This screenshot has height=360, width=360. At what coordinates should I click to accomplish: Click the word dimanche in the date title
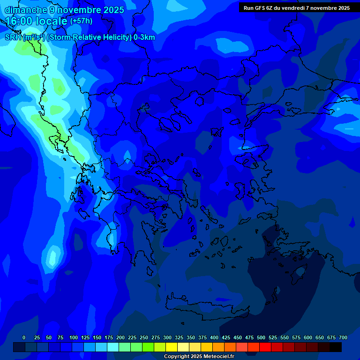[x=26, y=10]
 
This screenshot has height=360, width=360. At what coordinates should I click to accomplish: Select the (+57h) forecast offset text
[x=81, y=21]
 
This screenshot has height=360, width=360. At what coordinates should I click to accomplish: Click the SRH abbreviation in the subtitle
[x=13, y=37]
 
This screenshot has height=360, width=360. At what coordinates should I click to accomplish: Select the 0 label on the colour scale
[x=24, y=337]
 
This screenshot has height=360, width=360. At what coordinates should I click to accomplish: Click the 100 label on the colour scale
[x=74, y=337]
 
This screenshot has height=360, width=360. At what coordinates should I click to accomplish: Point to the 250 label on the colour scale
[x=144, y=337]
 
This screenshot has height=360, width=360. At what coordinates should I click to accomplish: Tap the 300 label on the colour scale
[x=167, y=337]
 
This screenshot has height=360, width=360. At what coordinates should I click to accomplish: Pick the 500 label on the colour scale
[x=261, y=337]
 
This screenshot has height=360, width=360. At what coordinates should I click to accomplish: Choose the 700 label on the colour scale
[x=343, y=337]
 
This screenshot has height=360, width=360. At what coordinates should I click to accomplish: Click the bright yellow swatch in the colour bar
[x=172, y=347]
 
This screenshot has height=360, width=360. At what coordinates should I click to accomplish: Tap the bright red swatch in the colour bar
[x=265, y=347]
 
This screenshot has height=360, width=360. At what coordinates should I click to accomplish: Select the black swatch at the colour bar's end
[x=336, y=347]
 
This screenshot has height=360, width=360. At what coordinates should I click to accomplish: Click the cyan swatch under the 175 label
[x=113, y=347]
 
